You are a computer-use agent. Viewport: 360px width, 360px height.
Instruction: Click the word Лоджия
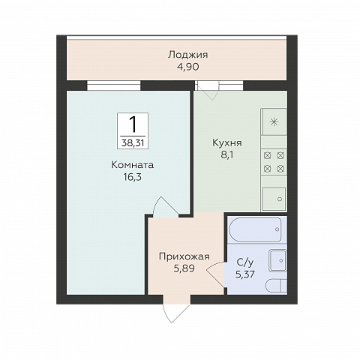187,55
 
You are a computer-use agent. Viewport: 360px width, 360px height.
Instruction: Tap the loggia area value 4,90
187,67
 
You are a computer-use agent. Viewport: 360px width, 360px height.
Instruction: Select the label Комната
132,165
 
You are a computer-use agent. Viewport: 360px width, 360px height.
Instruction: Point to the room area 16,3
132,177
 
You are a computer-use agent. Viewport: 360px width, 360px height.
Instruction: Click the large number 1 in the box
133,124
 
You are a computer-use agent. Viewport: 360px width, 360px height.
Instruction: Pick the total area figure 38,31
133,143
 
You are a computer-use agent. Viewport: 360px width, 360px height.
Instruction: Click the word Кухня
227,143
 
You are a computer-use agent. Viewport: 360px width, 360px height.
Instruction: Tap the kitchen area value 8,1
227,155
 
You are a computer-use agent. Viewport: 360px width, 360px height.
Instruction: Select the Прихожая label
184,256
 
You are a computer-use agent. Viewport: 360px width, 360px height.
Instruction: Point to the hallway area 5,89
184,268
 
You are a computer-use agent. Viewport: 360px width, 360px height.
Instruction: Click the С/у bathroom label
245,262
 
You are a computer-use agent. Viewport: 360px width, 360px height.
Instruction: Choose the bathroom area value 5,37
245,274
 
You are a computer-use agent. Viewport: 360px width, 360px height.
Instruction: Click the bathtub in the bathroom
255,229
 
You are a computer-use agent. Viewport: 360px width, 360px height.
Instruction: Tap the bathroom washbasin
277,261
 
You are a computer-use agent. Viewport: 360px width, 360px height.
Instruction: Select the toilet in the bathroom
277,286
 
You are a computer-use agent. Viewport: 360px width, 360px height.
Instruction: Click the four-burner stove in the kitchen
274,162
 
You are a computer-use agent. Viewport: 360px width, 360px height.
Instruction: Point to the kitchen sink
274,199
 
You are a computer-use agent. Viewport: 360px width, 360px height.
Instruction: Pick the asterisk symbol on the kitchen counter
274,122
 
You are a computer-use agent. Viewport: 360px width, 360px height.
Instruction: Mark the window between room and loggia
114,85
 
